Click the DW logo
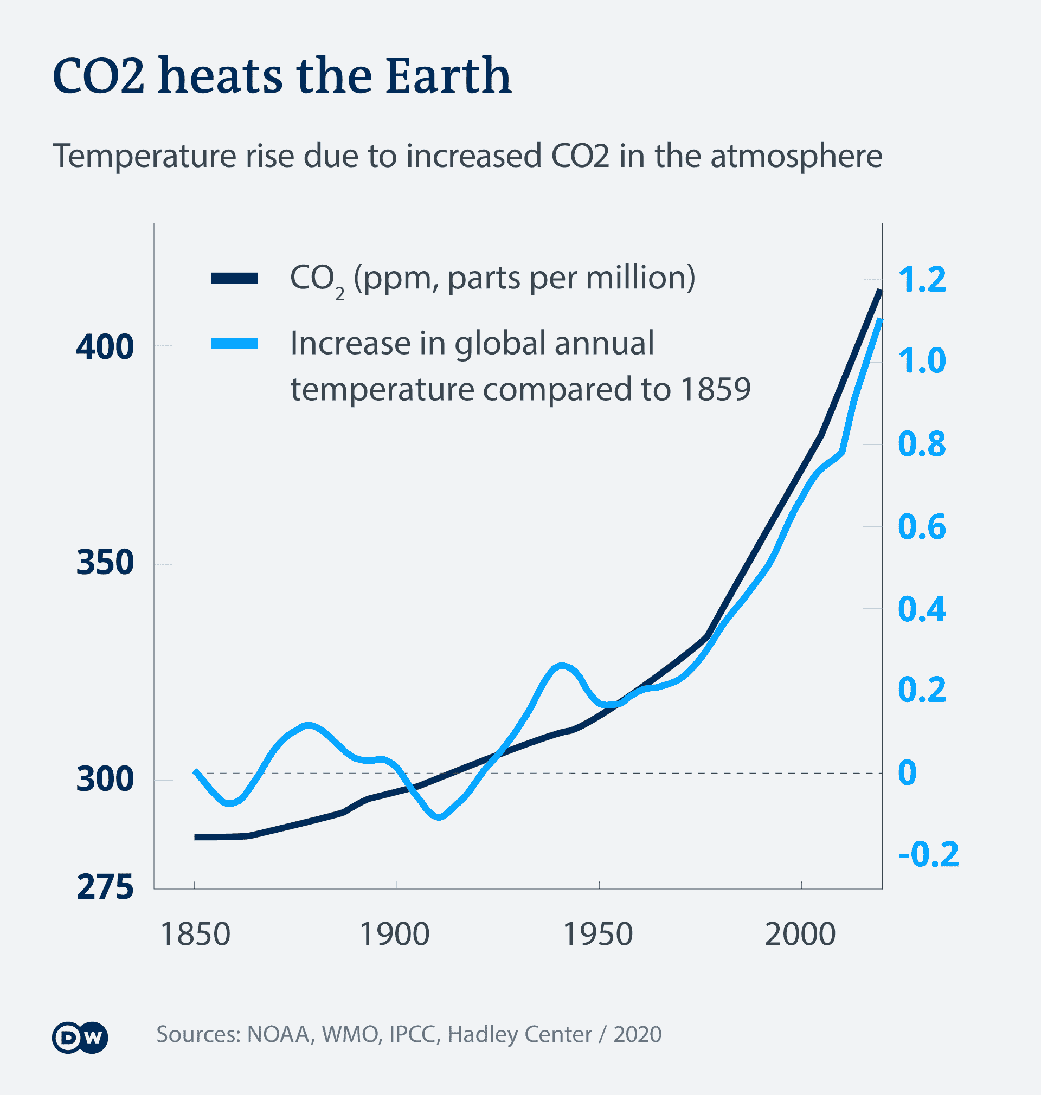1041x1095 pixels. coord(80,1037)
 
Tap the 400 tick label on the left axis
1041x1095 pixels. coord(105,347)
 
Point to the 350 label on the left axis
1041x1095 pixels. coord(105,562)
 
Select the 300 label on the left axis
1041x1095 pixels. coord(105,779)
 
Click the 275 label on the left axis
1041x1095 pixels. coord(105,887)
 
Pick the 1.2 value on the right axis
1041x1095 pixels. coord(922,279)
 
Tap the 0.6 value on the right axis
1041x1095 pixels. coord(922,526)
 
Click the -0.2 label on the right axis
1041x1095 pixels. coord(928,854)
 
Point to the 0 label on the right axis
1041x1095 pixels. coord(907,772)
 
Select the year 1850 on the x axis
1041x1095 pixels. coord(195,934)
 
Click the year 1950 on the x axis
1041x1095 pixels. coord(597,934)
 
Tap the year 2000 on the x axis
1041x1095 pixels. coord(800,934)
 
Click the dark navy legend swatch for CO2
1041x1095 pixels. coord(234,278)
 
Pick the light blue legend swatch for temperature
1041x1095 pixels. coord(234,344)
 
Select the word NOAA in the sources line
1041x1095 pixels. coord(278,1034)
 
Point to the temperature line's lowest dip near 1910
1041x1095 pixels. coord(439,817)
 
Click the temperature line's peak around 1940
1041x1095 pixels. coord(562,665)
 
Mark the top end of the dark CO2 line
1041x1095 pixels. coord(879,291)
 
